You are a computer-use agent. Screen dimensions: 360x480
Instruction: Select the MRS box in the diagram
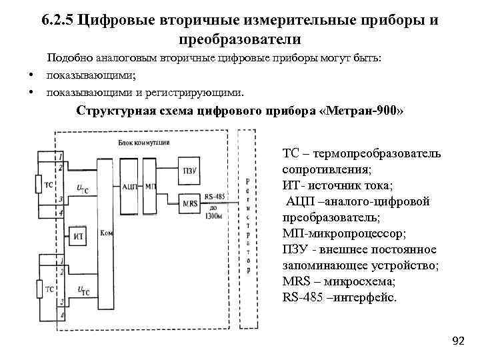coord(189,201)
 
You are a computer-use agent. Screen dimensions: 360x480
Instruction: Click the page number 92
coord(458,341)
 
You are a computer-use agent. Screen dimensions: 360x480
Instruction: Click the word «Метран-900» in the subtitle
coord(362,111)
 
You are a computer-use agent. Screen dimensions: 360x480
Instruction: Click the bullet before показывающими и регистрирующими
coord(31,91)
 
